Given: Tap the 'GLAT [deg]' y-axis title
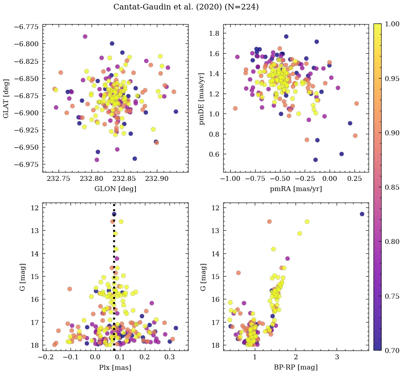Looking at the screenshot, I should click(7, 98).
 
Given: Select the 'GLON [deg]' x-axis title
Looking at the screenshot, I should click(115, 189).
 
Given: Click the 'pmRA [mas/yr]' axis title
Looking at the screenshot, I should click(296, 189).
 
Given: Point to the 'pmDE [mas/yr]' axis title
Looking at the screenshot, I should click(202, 98).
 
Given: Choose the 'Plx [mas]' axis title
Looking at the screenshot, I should click(115, 367).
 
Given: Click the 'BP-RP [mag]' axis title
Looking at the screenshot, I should click(296, 367).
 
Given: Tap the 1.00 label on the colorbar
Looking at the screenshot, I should click(392, 24).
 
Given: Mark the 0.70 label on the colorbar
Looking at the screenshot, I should click(392, 350).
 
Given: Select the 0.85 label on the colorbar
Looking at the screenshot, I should click(392, 187).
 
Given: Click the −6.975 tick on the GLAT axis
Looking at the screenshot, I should click(27, 164).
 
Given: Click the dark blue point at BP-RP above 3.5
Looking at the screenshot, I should click(362, 214).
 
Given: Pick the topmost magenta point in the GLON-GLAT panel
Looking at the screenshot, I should click(85, 36).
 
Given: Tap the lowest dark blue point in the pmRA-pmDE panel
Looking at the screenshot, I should click(316, 160).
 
